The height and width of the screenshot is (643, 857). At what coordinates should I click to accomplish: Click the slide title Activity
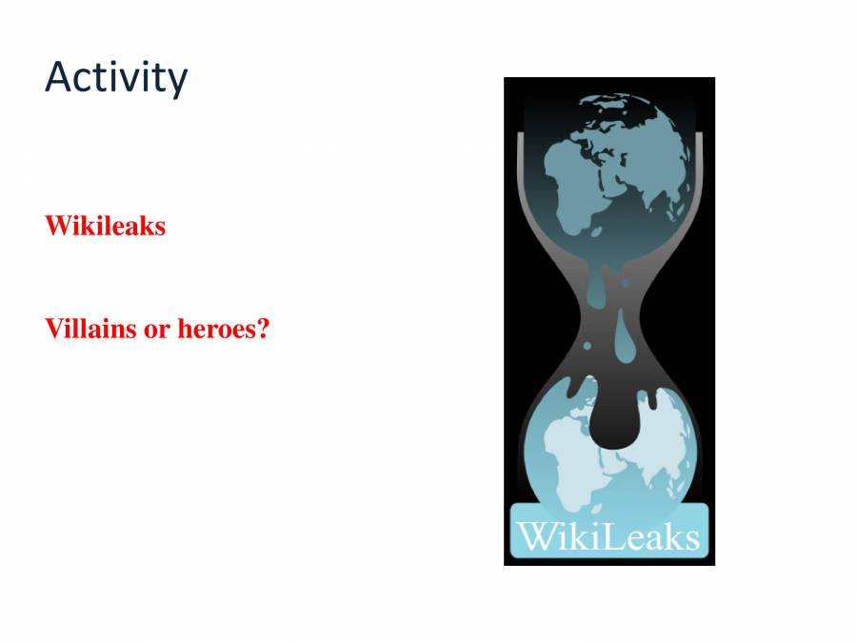coord(115,77)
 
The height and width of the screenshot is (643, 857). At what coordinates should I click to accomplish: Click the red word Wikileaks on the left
coord(105,226)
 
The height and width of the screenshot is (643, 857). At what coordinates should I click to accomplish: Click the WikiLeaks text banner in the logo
coord(609,535)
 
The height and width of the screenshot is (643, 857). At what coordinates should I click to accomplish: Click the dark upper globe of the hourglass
coord(609,171)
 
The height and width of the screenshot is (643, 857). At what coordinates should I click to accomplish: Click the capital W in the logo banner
coord(533,534)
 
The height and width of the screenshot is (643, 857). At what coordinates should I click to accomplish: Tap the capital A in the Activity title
coord(58,77)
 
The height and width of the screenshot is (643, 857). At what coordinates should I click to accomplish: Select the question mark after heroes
coord(263,330)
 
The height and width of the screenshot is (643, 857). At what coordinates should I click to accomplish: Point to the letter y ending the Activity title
coord(177,81)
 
